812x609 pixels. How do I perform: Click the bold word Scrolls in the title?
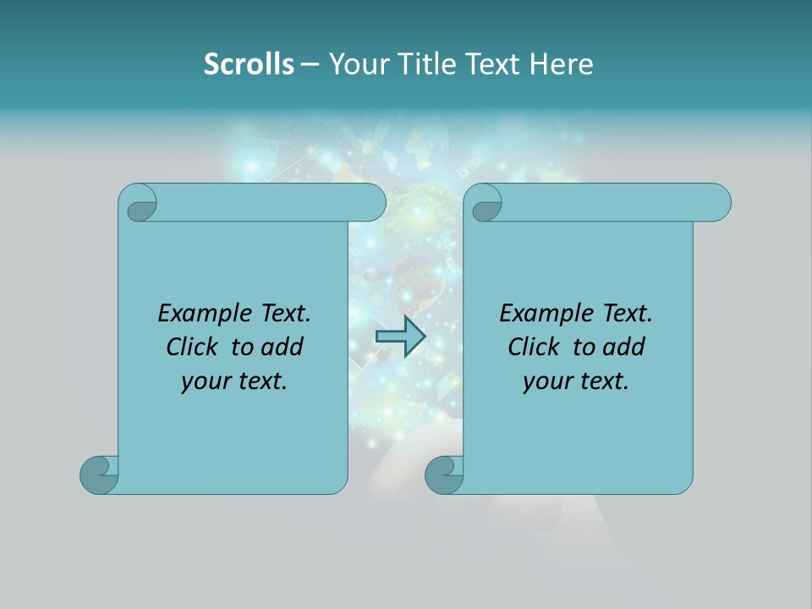249,64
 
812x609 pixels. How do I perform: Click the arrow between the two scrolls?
400,337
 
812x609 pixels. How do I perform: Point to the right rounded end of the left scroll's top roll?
373,202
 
